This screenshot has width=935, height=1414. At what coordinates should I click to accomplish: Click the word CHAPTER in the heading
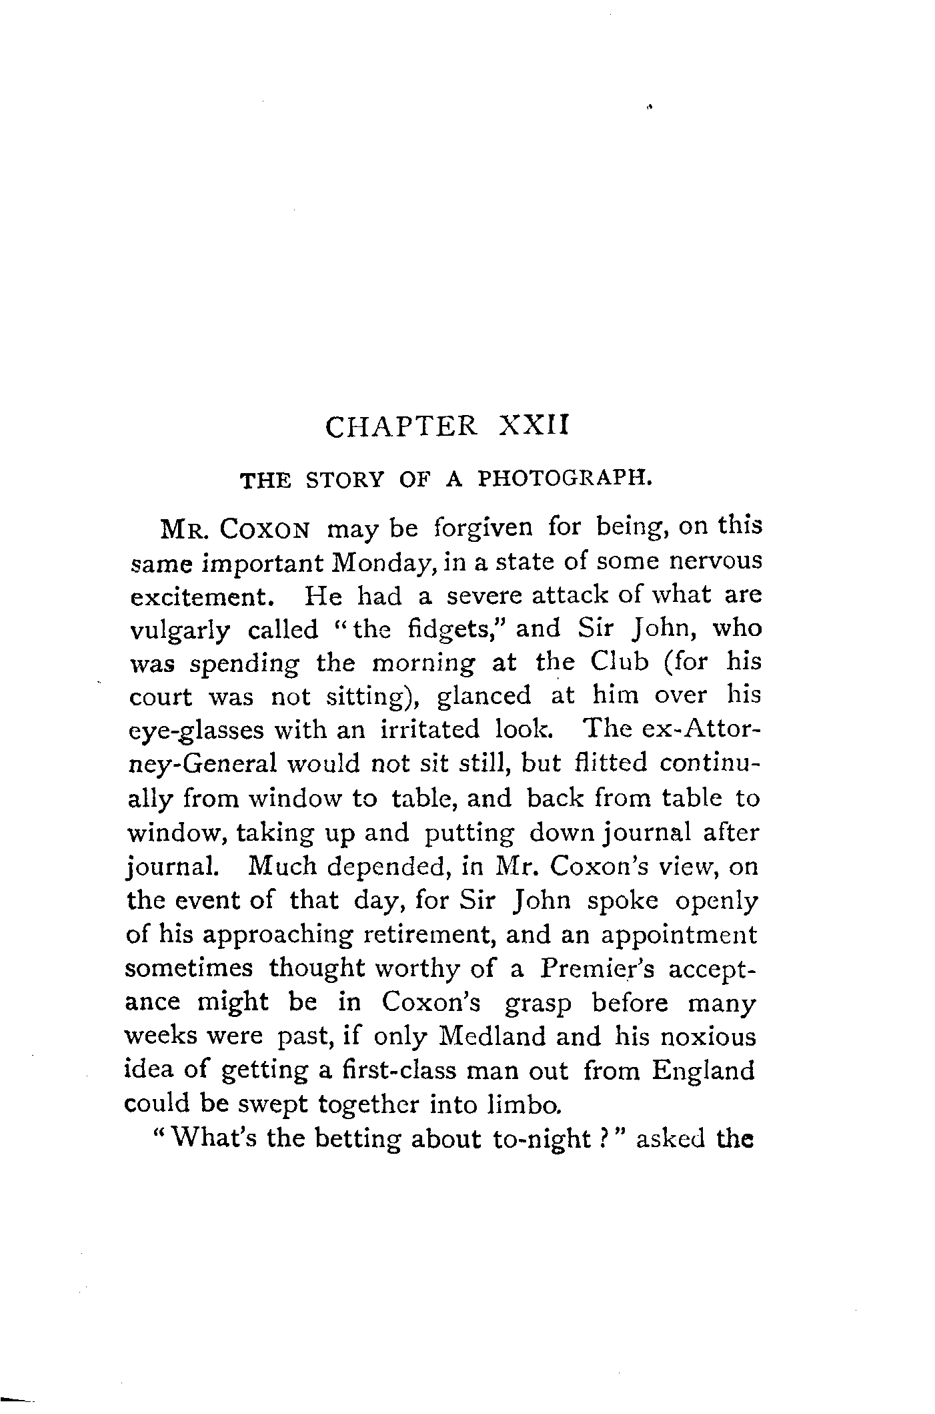click(x=400, y=426)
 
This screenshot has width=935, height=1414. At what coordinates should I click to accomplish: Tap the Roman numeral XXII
click(x=532, y=425)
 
